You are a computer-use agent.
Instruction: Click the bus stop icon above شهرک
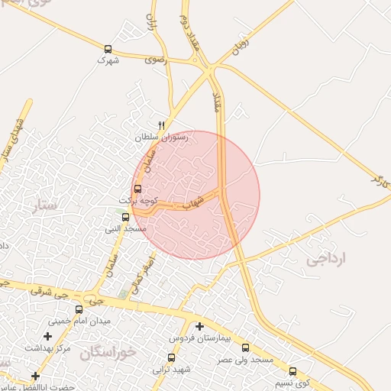click(x=108, y=49)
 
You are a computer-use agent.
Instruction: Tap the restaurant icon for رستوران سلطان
click(x=161, y=126)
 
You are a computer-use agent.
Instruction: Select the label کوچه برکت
click(x=137, y=199)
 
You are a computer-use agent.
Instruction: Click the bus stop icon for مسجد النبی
click(x=125, y=218)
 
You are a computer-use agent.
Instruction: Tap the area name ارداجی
click(x=326, y=259)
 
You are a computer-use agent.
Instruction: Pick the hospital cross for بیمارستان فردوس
click(x=199, y=327)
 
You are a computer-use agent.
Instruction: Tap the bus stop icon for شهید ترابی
click(x=170, y=358)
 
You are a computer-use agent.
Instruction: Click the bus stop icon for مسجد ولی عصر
click(x=244, y=347)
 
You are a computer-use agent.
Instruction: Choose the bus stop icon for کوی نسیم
click(x=292, y=371)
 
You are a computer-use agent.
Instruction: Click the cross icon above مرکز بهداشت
click(x=47, y=336)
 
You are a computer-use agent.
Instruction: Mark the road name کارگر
click(x=380, y=182)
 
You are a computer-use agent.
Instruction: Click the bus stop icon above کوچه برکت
click(x=138, y=189)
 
